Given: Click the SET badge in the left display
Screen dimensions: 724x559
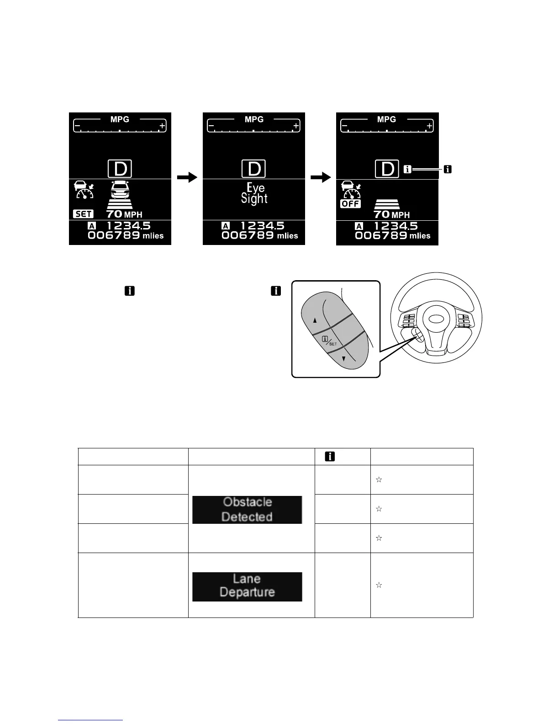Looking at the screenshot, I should [x=83, y=213].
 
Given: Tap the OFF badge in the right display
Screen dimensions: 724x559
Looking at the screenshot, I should [x=350, y=204].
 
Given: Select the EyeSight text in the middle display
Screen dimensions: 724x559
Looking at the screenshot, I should [x=254, y=193].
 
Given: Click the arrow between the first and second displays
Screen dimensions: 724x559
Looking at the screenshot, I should [x=187, y=178].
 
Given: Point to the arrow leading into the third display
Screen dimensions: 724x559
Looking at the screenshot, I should [x=321, y=178].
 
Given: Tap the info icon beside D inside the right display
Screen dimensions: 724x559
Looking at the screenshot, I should [x=407, y=170].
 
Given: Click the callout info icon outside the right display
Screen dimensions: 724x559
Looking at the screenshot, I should [x=448, y=170].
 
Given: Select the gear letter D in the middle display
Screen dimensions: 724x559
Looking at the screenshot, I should [x=254, y=169].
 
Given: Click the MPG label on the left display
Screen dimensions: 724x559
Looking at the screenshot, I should [x=120, y=119].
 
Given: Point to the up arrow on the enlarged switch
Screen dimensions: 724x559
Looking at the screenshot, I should [x=315, y=320].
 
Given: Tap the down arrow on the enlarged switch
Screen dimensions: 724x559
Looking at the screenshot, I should [x=344, y=359].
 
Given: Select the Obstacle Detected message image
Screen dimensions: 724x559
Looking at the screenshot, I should [x=247, y=510].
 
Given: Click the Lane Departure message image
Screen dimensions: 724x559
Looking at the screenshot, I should [x=247, y=586].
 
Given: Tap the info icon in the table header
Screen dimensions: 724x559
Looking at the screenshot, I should [x=329, y=456].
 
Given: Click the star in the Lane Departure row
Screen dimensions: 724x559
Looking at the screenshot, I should [x=379, y=585].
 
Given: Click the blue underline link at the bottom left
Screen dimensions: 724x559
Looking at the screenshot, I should [x=91, y=720].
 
